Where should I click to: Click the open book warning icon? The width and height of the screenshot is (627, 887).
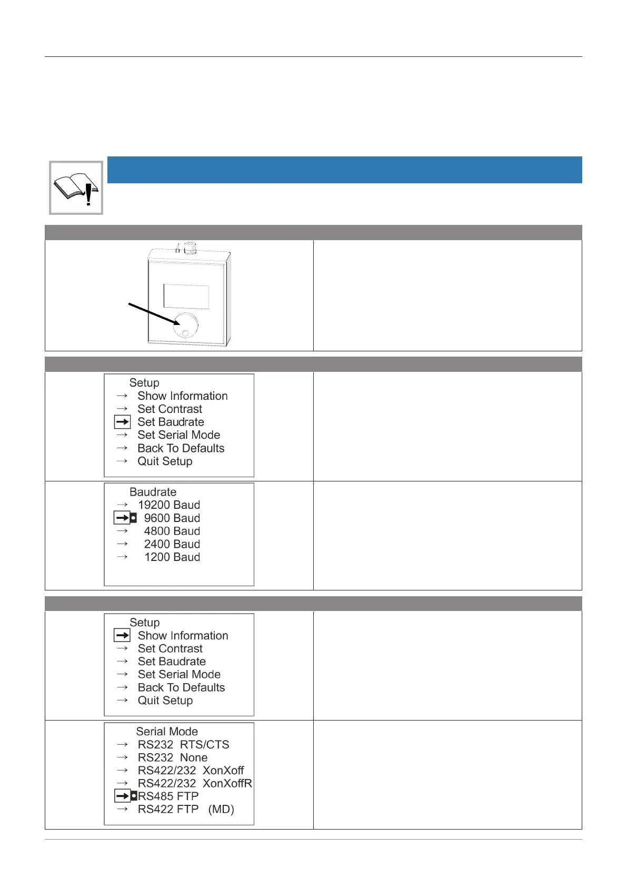(x=76, y=188)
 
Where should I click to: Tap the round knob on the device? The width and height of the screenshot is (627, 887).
(x=185, y=324)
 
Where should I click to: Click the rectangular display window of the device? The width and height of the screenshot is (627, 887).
(x=186, y=297)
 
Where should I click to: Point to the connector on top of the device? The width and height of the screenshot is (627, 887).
(x=190, y=248)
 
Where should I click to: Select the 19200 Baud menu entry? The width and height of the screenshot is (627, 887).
(x=168, y=505)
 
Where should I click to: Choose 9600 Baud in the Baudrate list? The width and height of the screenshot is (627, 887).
(x=172, y=518)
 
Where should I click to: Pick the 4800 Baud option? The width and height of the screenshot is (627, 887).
(x=172, y=531)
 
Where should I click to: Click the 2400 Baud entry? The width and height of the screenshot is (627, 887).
(x=172, y=544)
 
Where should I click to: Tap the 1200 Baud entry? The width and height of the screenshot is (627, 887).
(x=172, y=557)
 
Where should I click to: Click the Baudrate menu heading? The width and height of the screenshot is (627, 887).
(x=153, y=492)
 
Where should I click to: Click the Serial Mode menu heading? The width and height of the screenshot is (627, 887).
(x=167, y=732)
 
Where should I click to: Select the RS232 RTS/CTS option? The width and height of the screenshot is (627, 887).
(x=183, y=745)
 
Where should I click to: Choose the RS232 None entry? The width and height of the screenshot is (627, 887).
(x=172, y=757)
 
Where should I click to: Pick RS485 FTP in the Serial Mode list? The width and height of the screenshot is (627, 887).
(x=168, y=796)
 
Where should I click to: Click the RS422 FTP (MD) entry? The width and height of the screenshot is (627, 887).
(x=186, y=809)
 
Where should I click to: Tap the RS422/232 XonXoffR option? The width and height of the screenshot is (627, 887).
(x=195, y=783)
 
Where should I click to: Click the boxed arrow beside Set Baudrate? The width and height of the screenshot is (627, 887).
(x=122, y=422)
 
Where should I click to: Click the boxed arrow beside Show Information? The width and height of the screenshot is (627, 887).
(x=122, y=636)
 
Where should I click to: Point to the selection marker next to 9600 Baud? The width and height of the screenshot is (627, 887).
(x=133, y=518)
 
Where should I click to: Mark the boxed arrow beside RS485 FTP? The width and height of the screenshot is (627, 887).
(x=122, y=796)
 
